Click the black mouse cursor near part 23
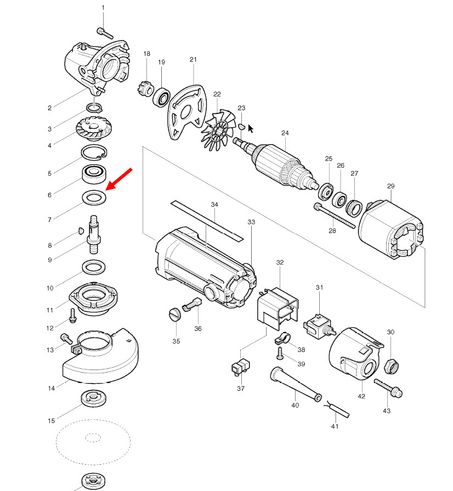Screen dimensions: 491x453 tap(251, 128)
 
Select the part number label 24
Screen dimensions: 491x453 tap(285, 133)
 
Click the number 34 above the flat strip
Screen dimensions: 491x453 tap(214, 204)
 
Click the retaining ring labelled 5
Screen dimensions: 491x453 tap(95, 153)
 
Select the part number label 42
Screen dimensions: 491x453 tap(361, 396)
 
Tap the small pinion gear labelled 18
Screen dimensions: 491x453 tap(145, 88)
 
